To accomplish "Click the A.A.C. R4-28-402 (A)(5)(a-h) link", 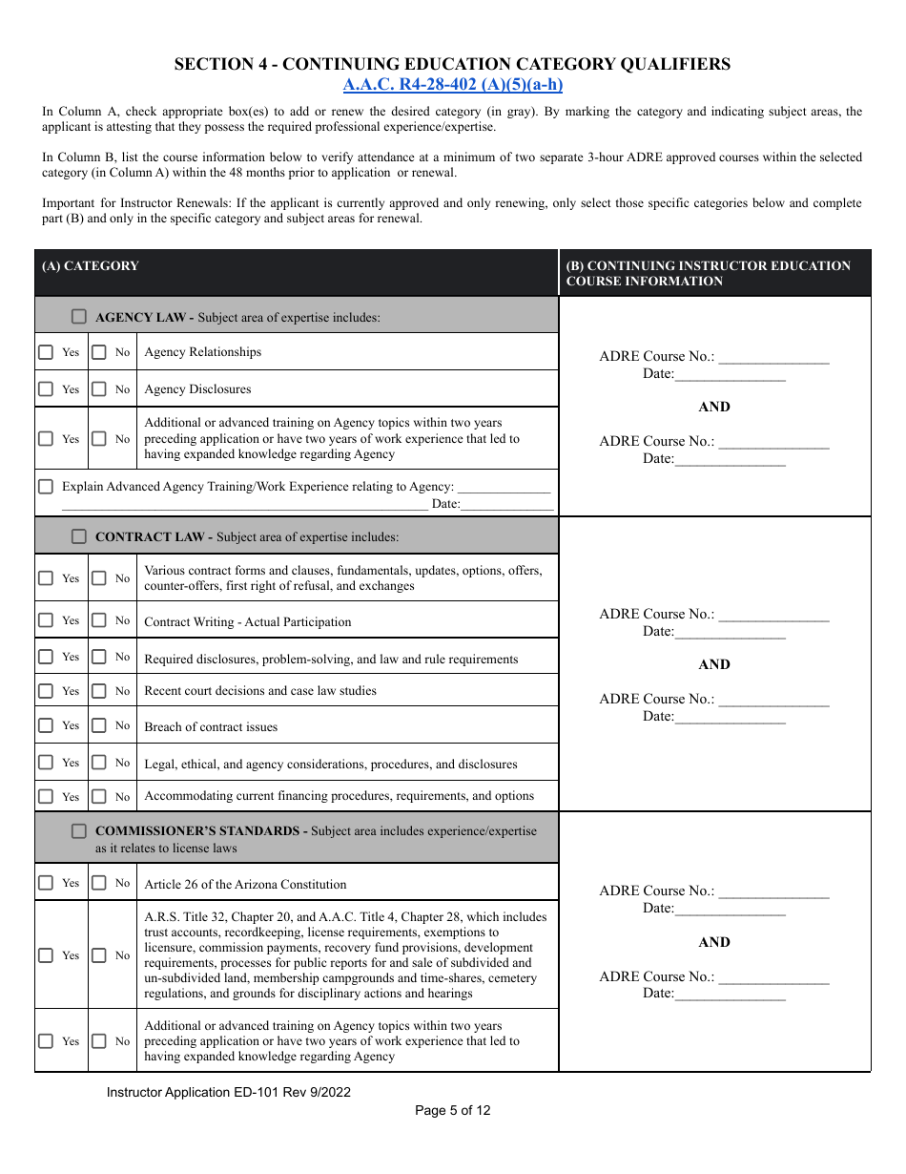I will [452, 85].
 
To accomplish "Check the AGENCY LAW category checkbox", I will [79, 316].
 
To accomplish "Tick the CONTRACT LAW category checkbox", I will [79, 536].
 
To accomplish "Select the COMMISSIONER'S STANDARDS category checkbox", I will [79, 831].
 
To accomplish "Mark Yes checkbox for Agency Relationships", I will [46, 352].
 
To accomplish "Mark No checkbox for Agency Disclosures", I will [99, 389].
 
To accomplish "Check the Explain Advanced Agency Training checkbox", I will [46, 487].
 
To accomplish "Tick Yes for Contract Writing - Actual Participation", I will [46, 620].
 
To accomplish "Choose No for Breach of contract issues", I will [99, 725].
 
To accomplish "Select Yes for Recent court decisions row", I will [46, 690].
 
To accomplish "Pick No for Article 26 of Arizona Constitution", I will [99, 883].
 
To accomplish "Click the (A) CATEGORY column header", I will [90, 266].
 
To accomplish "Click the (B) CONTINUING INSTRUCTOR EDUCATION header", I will [708, 273].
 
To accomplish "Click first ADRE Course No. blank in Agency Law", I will [772, 357].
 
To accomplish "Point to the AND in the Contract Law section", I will [714, 664].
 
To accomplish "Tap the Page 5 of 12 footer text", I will [452, 1110].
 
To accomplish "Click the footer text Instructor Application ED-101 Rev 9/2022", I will [229, 1092].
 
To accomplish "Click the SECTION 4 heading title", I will [452, 64].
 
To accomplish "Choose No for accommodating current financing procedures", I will [99, 796].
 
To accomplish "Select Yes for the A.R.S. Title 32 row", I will [46, 955].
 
